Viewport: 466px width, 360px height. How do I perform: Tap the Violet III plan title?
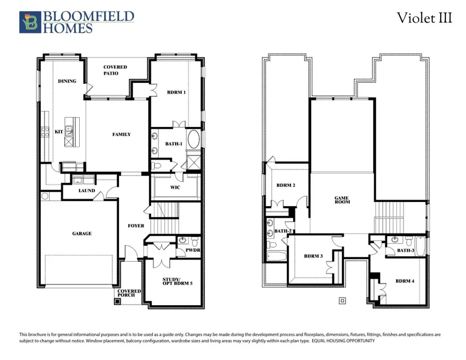click(x=425, y=18)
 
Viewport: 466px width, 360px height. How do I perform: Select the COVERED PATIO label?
click(x=115, y=70)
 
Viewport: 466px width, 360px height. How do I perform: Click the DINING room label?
click(x=67, y=81)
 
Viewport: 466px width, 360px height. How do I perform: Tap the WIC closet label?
click(x=175, y=188)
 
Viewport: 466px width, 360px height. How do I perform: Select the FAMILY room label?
click(x=122, y=135)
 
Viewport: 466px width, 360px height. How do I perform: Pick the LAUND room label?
click(x=86, y=191)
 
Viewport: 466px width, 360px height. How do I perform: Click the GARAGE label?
click(x=82, y=234)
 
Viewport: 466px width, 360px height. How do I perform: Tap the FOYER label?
click(x=136, y=226)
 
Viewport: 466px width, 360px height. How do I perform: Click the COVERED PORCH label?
click(x=129, y=294)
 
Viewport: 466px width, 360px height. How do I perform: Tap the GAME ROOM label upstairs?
click(x=342, y=199)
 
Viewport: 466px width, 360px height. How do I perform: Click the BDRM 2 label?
click(x=285, y=185)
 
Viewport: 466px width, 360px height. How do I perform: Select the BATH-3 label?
click(x=405, y=251)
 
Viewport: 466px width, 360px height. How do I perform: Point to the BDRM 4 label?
click(x=404, y=281)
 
